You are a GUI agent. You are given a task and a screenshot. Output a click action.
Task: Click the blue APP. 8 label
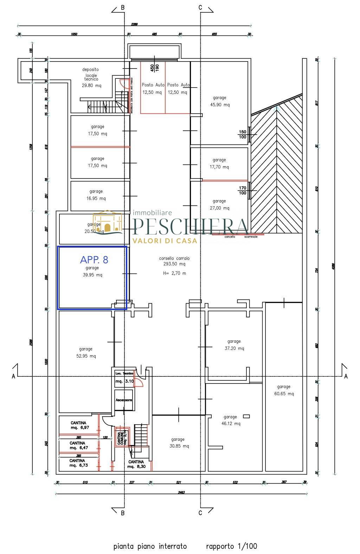click(94, 260)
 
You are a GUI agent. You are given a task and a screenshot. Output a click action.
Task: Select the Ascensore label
click(123, 400)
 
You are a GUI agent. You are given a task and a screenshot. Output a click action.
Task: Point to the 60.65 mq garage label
click(284, 390)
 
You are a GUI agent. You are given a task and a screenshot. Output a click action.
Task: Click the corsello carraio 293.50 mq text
click(174, 261)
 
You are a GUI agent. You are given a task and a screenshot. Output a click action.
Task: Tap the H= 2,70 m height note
click(174, 273)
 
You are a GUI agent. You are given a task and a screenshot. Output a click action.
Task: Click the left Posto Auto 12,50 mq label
click(152, 89)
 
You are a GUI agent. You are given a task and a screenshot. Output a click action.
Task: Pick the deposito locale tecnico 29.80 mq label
click(91, 77)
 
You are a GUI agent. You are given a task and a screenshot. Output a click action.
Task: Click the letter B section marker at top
click(123, 7)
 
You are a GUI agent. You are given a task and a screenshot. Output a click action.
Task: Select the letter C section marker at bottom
click(200, 513)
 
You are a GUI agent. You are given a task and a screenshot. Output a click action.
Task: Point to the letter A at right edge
click(346, 376)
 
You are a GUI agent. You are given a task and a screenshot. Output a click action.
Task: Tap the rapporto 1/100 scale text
click(231, 546)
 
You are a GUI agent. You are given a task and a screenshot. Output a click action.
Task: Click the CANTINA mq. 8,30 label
click(136, 464)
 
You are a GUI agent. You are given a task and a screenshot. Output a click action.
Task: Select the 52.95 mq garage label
click(86, 352)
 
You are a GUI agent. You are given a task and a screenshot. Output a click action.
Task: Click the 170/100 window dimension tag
click(242, 191)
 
